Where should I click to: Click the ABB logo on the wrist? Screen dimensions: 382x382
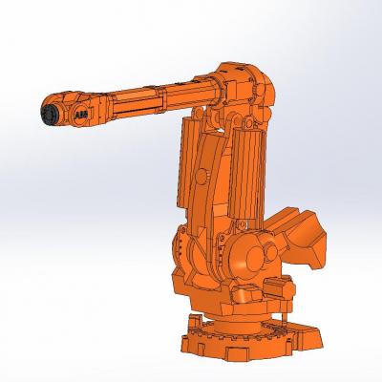[80, 116]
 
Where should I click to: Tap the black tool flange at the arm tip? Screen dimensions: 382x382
[49, 114]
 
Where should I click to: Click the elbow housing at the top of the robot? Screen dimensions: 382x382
[246, 86]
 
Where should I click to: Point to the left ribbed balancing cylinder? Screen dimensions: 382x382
[187, 162]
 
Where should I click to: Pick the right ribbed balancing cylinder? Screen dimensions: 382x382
[246, 175]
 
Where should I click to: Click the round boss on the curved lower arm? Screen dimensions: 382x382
[202, 176]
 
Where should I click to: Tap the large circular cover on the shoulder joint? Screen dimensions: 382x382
[255, 259]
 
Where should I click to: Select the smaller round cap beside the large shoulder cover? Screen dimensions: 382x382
[271, 252]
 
